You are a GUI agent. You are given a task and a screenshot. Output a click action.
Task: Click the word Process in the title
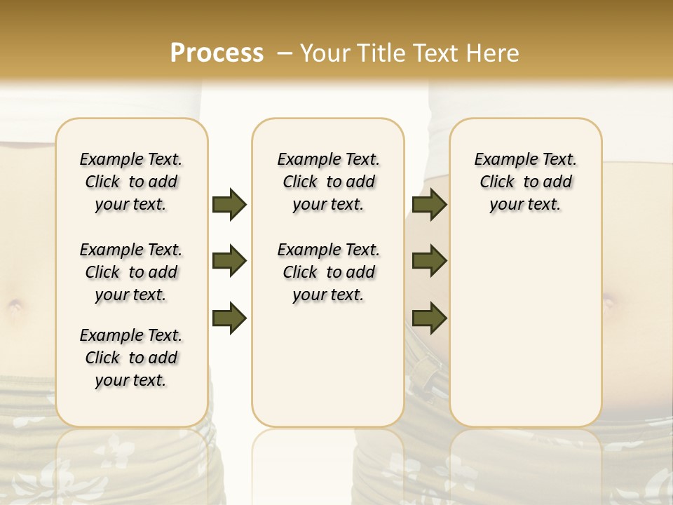point(217,53)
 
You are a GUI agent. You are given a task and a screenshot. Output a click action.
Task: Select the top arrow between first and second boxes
point(229,204)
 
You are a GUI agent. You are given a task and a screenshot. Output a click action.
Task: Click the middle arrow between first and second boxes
point(229,261)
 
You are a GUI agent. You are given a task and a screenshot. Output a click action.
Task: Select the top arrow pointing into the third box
point(430,204)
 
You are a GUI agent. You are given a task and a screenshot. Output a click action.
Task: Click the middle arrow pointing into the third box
point(430,261)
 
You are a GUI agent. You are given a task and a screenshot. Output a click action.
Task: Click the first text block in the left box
point(131,182)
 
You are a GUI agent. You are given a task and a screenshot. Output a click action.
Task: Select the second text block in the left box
point(131,272)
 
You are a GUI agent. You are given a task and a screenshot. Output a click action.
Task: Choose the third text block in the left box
point(131,358)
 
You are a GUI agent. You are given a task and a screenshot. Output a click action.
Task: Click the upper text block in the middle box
point(328,182)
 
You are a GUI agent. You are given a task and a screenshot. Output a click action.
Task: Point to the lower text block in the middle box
point(328,272)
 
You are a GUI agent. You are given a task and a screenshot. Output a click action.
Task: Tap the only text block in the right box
point(526,182)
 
